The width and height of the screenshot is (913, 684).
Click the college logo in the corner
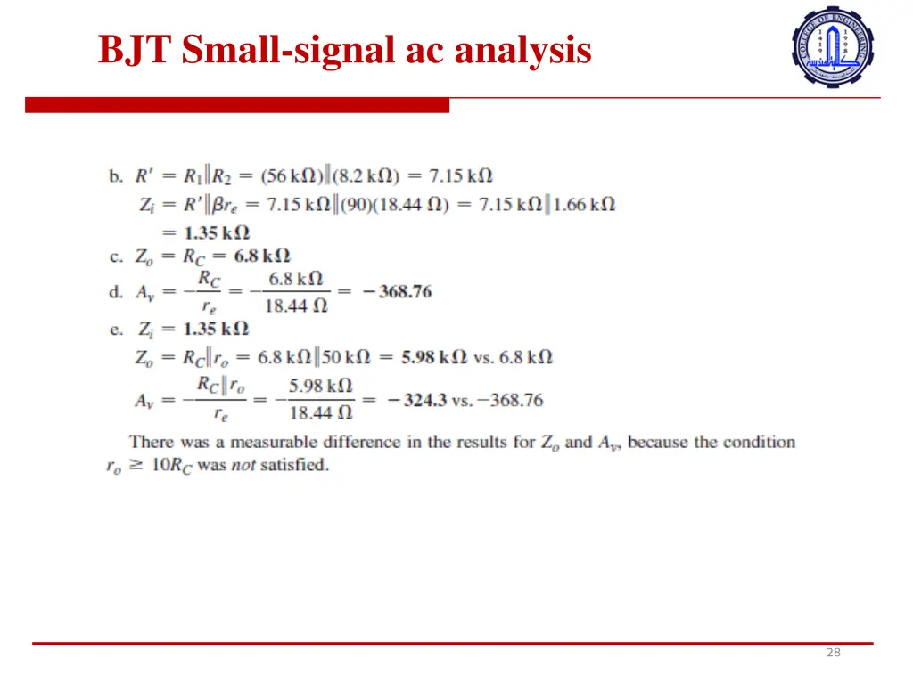tap(833, 46)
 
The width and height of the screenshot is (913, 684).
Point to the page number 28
tap(833, 653)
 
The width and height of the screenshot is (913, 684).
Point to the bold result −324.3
tap(416, 400)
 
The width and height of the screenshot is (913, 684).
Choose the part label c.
tap(116, 257)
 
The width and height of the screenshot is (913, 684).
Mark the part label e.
tap(116, 330)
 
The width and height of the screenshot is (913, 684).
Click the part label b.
tap(116, 176)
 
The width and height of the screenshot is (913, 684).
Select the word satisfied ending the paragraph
tap(294, 465)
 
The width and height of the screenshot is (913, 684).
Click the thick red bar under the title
tap(236, 106)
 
